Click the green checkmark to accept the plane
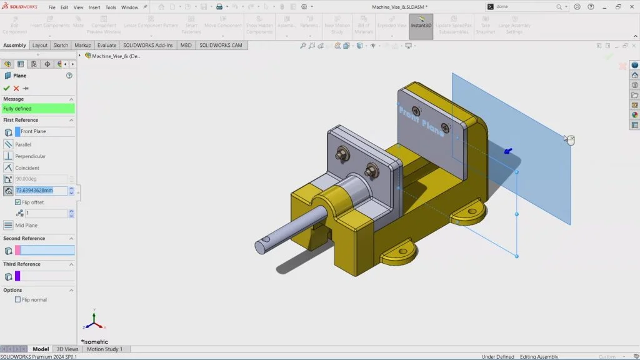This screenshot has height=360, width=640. point(7,88)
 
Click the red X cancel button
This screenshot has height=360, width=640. point(16,88)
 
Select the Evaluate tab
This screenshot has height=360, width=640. point(106,46)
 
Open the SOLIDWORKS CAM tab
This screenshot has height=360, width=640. point(221,46)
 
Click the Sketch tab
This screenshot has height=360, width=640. point(61,46)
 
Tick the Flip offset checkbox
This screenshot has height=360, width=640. point(17,202)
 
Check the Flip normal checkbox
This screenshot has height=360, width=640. point(17,299)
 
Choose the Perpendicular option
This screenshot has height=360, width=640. point(30,156)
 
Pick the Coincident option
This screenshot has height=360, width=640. point(27,167)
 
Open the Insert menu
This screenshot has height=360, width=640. point(94,7)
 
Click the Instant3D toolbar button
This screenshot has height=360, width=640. point(421,26)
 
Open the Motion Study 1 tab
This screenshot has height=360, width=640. point(104,349)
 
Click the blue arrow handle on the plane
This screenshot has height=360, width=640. point(507,151)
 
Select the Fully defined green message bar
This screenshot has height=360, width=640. point(38,109)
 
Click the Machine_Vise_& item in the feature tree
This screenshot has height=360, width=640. point(116,56)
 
